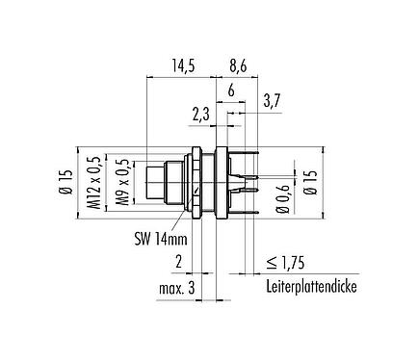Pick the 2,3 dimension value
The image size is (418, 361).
[200, 115]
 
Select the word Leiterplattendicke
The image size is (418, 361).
[313, 288]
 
